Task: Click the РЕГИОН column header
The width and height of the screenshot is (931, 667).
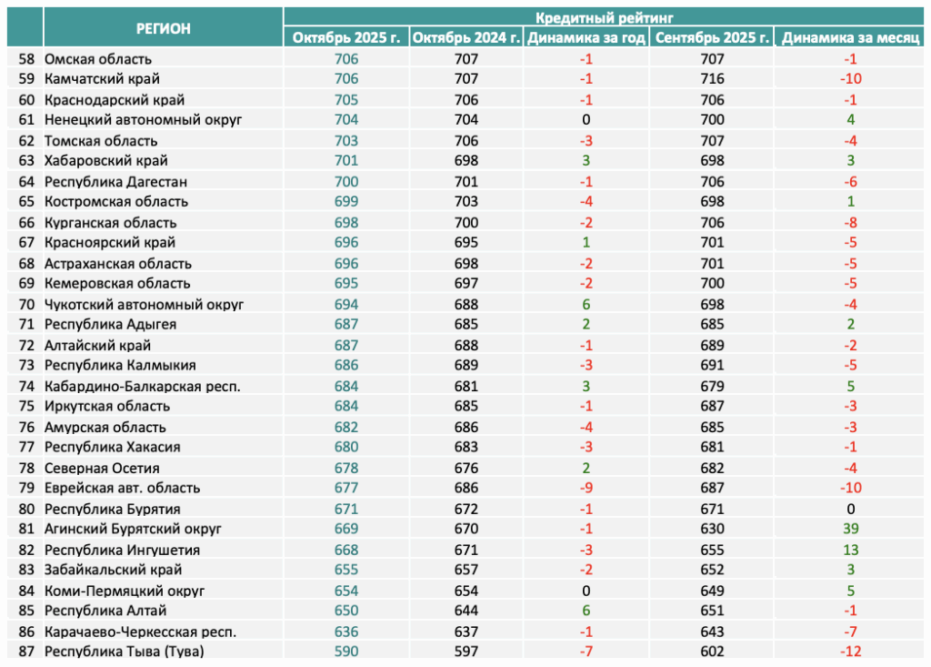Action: coord(164,28)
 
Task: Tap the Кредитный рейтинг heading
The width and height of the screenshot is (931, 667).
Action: coord(604,17)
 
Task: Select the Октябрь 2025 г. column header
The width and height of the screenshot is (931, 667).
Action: coord(346,38)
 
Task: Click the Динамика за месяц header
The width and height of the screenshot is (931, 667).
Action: coord(850,38)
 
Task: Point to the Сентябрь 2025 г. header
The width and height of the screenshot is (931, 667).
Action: coord(712,38)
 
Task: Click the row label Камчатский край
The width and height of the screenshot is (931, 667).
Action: coord(102,79)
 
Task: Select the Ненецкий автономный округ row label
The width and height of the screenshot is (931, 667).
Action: coord(143,120)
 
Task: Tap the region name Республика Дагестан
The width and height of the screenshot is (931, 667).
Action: coord(115,182)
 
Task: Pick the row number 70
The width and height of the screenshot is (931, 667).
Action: coord(26,304)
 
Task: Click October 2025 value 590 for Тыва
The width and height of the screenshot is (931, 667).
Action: coord(346,652)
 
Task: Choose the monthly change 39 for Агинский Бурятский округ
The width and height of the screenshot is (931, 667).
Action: coord(851,529)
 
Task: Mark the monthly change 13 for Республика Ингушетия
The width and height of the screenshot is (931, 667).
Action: coord(851,551)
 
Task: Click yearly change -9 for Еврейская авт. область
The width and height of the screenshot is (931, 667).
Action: coord(586,488)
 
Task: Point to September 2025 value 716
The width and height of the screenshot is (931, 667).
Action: coord(712,79)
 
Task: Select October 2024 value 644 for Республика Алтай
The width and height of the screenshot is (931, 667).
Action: coord(466,611)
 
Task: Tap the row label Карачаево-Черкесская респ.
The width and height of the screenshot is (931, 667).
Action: coord(140,632)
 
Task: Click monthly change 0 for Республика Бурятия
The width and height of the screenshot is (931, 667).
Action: coord(851,510)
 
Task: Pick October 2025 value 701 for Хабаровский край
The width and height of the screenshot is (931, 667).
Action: coord(346,160)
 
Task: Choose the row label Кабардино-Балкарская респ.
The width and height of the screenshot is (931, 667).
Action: coord(143,387)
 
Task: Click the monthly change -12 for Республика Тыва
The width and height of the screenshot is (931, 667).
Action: coord(851,652)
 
